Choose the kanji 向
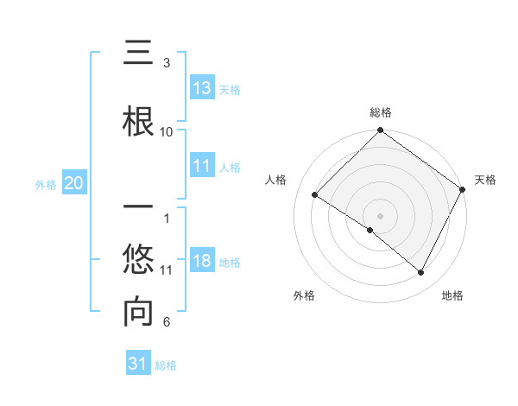point(138,313)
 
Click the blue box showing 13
point(202,88)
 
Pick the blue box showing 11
point(202,166)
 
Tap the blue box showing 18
point(202,262)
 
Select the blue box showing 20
point(74,183)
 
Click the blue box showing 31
point(138,364)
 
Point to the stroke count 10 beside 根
point(167,132)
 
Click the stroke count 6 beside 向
point(167,322)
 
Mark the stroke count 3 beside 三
point(167,63)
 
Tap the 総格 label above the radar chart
point(380,112)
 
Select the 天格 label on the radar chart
point(485,180)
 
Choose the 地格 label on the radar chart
point(452,295)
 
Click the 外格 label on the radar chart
point(304,295)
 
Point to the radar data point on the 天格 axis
point(462,188)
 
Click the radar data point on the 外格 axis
point(370,230)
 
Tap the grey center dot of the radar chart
point(380,215)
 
